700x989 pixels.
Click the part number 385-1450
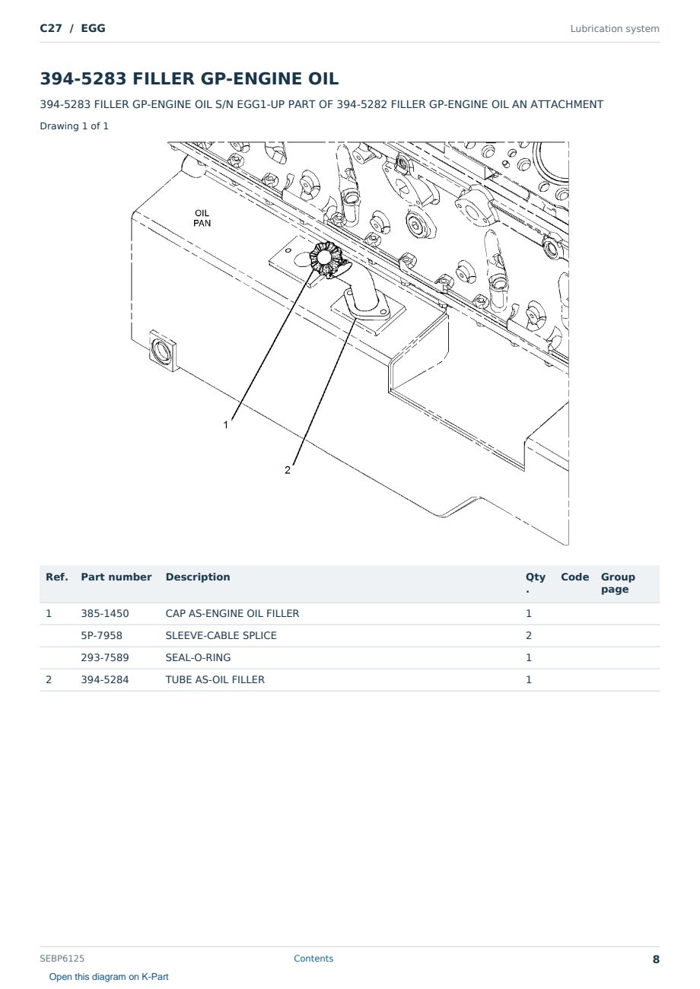coord(105,613)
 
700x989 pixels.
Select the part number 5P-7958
coord(102,635)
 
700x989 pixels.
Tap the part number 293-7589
coord(105,657)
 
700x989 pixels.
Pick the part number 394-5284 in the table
coord(105,679)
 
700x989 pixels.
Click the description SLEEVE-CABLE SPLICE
coord(221,635)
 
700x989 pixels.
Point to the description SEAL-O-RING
coord(198,657)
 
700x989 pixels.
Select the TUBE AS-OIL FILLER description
coord(215,679)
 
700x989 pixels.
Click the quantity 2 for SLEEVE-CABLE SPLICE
coord(529,635)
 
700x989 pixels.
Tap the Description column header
coord(198,577)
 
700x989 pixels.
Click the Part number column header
coord(116,577)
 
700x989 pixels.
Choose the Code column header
coord(574,577)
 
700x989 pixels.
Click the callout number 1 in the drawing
coord(226,425)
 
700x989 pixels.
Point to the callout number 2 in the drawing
coord(288,470)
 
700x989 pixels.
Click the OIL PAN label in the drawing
coord(202,218)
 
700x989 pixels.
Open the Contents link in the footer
coord(313,958)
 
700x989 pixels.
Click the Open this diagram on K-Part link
coord(109,977)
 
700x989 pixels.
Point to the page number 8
coord(656,959)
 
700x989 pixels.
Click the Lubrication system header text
coord(615,29)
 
